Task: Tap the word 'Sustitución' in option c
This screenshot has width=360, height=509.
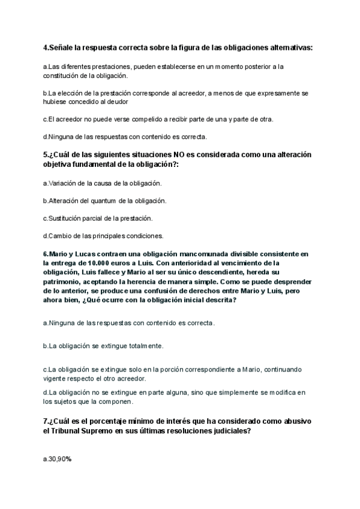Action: (x=65, y=217)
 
